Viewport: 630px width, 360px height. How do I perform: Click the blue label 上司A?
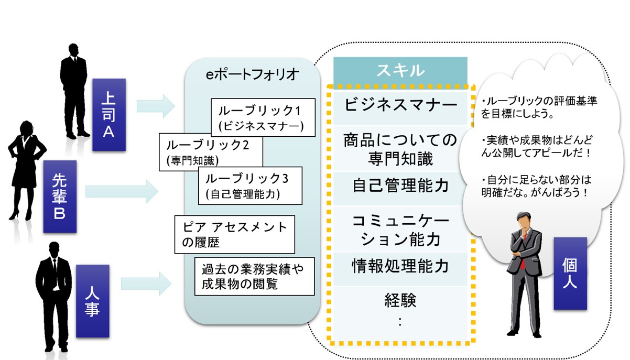[x=108, y=115]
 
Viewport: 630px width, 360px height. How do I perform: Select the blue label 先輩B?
[x=60, y=196]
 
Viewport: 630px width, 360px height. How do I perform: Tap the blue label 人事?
[x=92, y=301]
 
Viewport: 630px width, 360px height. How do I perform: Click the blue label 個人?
[x=570, y=273]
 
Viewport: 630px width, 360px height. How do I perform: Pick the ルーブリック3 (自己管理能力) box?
[x=251, y=186]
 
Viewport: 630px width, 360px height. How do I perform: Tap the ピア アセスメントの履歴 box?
[x=235, y=234]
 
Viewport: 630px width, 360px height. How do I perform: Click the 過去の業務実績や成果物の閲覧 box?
[x=254, y=276]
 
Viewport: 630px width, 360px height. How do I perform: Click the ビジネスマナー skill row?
[x=400, y=105]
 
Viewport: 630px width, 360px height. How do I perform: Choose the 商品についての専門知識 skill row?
[x=400, y=148]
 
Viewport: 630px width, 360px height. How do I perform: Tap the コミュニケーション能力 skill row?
[x=400, y=230]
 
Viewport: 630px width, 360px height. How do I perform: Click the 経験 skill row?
[x=400, y=309]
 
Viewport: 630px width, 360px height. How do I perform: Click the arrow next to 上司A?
[x=155, y=106]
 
